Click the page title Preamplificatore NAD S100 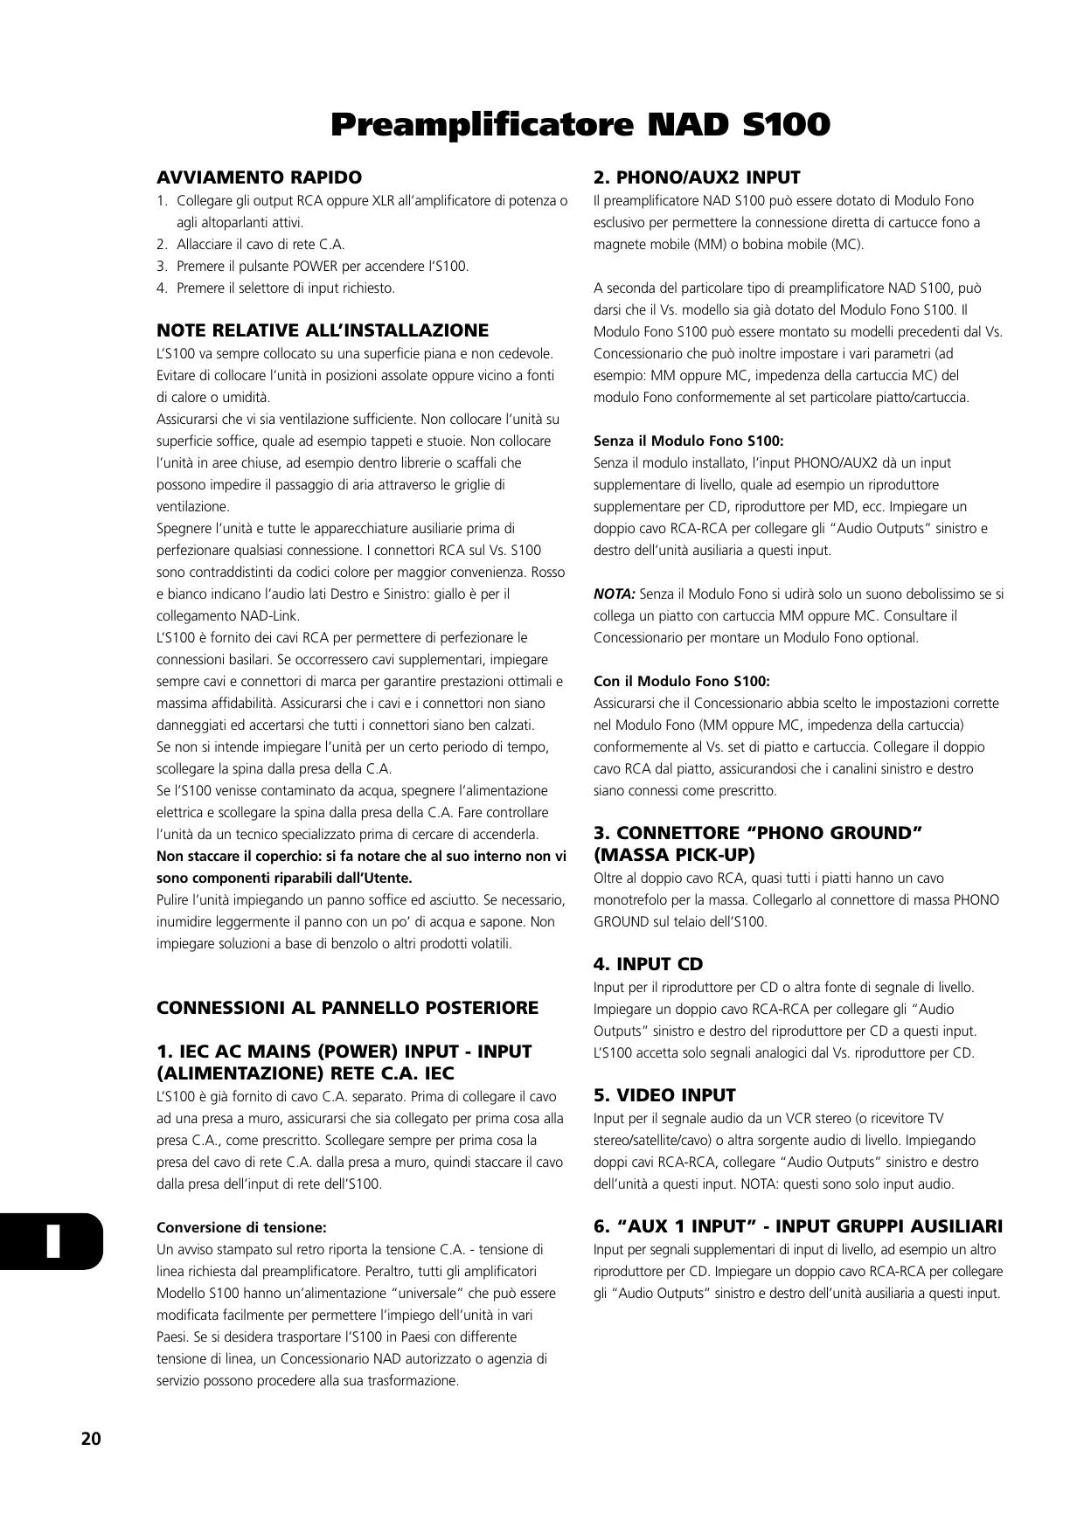coord(580,125)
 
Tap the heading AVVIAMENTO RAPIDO coord(259,177)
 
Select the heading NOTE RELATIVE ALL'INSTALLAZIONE coord(323,330)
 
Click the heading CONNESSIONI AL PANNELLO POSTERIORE coord(347,1008)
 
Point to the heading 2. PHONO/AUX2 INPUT coord(697,177)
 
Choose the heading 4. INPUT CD coord(648,964)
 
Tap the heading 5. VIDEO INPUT coord(664,1095)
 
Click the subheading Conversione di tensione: coord(241,1227)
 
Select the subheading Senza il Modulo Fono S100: coord(689,441)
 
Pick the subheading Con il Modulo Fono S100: coord(682,681)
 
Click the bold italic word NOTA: coord(614,594)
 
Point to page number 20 coord(91,1439)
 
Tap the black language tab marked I coord(52,1241)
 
